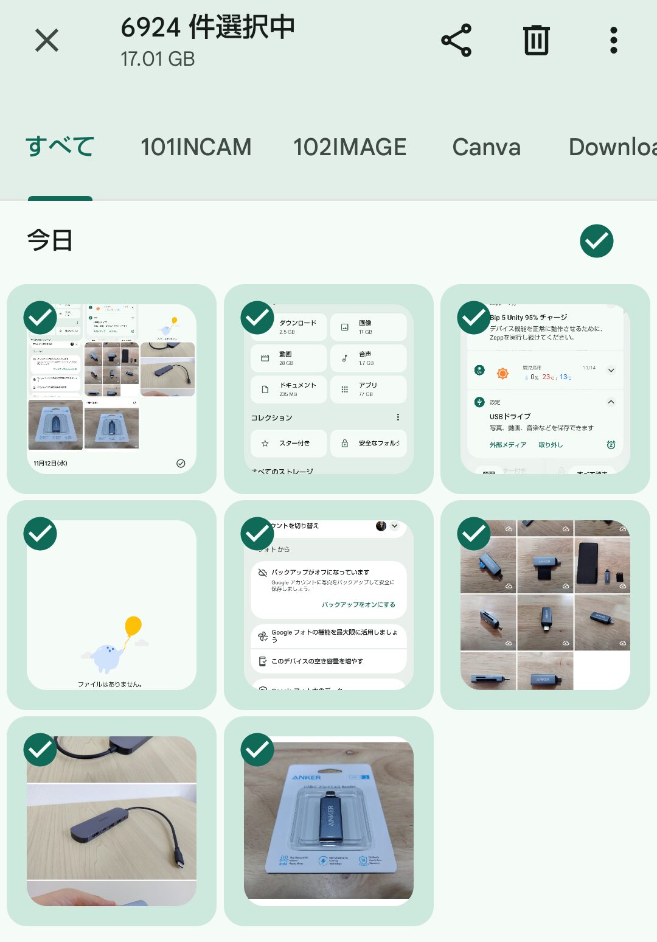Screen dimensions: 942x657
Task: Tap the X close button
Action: coord(47,41)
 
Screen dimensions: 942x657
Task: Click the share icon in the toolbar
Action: coord(456,41)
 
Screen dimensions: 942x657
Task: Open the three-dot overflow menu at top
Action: coord(613,41)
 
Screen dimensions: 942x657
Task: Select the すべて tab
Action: coord(60,147)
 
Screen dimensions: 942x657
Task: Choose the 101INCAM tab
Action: coord(196,147)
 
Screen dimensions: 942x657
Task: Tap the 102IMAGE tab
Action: coord(350,147)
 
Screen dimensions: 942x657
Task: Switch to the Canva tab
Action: coord(487,147)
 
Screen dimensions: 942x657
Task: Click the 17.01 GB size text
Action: coord(158,59)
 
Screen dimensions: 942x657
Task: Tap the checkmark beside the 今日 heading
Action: coord(596,241)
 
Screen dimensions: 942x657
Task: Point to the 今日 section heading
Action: coord(50,240)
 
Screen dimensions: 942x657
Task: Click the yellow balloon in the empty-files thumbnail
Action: coord(133,626)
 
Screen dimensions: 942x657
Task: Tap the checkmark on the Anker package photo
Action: coord(257,750)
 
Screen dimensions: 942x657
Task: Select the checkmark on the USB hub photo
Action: coord(40,750)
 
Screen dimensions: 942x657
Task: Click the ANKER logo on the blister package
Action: coord(307,777)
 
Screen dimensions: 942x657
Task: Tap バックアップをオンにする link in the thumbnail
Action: coord(358,604)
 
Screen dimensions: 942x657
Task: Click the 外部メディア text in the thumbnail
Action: coord(508,445)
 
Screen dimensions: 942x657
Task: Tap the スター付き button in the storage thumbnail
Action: coord(289,443)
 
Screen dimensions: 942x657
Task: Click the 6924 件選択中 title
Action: coord(207,27)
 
